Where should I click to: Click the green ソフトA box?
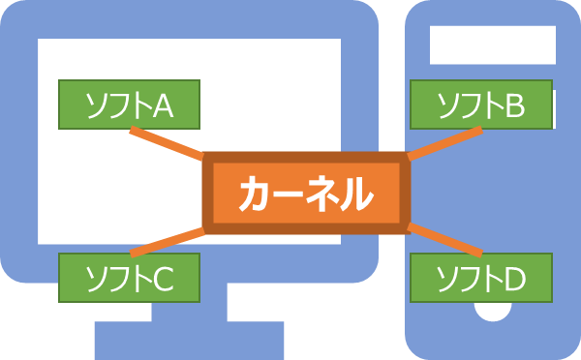[x=129, y=105]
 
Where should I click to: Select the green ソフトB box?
[x=480, y=105]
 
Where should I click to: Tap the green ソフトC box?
[x=129, y=277]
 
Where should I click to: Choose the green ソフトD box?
[x=480, y=277]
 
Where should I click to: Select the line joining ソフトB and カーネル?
[x=443, y=142]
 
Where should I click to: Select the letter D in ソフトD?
[x=513, y=279]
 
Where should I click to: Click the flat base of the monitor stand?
[x=189, y=340]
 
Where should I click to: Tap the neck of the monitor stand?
[x=189, y=308]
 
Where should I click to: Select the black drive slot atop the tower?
[x=493, y=43]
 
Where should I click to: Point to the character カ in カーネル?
[x=253, y=195]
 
